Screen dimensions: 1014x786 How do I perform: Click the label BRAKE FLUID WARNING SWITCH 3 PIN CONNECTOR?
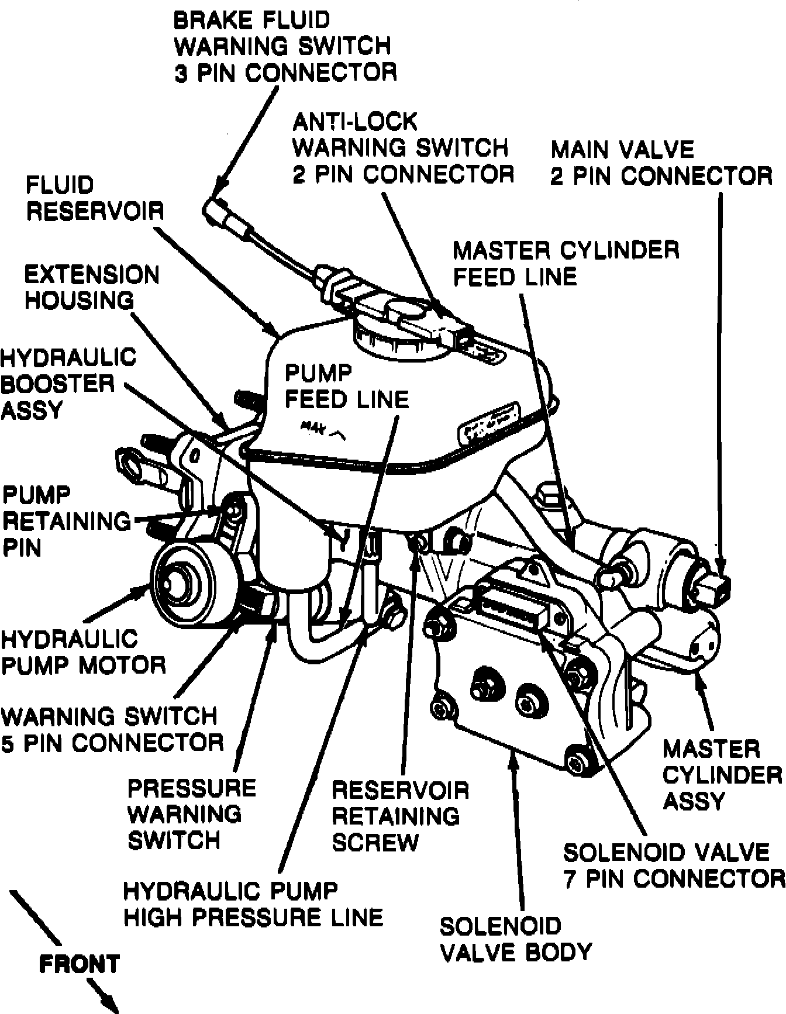tap(285, 47)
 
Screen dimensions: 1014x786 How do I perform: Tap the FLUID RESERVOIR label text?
tap(94, 198)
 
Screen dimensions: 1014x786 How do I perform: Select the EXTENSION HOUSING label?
tap(92, 288)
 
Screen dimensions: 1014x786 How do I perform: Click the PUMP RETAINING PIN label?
tap(66, 521)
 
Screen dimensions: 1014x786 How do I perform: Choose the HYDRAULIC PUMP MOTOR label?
tap(83, 652)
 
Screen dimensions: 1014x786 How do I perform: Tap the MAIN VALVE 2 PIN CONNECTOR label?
tap(661, 163)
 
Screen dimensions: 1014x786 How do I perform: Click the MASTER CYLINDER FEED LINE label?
tap(566, 263)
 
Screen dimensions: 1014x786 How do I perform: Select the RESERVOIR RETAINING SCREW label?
tap(400, 816)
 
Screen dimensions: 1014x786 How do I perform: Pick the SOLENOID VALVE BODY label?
tap(515, 939)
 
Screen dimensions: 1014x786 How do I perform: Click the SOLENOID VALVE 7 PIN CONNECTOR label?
tap(673, 865)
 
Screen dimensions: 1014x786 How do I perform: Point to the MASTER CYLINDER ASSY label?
tap(722, 775)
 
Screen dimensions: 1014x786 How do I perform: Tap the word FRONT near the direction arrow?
tap(79, 964)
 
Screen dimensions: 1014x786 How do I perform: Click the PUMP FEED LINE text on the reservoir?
tap(346, 386)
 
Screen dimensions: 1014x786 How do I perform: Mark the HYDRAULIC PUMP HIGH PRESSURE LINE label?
tap(253, 904)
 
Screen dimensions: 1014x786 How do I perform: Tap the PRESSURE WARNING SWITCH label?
tap(191, 814)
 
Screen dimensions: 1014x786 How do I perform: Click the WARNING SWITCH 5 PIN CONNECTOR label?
tap(112, 730)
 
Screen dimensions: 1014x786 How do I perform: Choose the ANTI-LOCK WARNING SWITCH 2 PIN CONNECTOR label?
tap(402, 148)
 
